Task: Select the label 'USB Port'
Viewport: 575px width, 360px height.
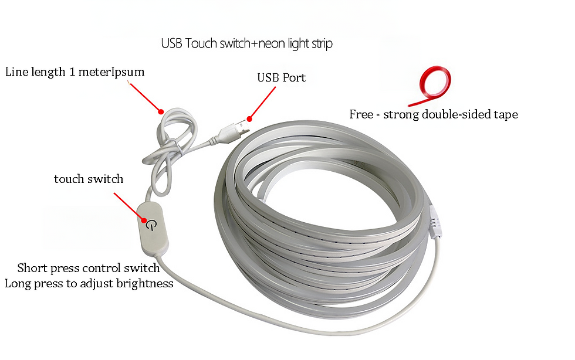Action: [281, 77]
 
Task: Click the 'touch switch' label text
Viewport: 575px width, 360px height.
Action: [89, 179]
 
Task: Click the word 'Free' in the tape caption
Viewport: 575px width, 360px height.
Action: [361, 114]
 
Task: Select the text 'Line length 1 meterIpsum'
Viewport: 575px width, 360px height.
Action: [75, 72]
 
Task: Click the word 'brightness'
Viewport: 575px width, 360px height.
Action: [146, 283]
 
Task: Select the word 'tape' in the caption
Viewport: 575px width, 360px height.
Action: [506, 114]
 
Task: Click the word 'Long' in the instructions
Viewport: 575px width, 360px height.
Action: [18, 283]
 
